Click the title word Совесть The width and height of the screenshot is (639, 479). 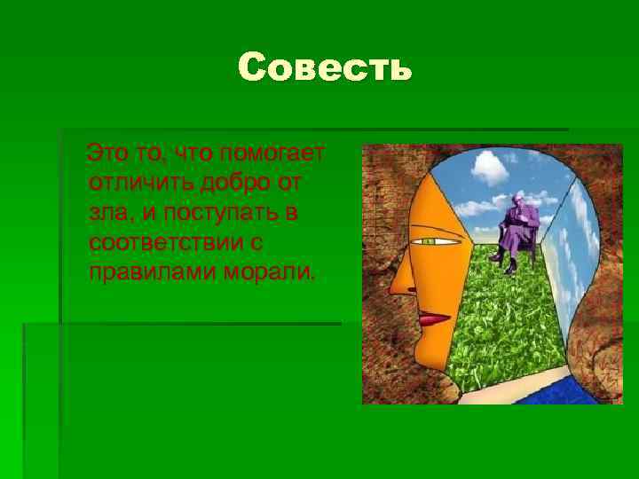[x=325, y=67]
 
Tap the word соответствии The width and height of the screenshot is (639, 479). [x=165, y=242]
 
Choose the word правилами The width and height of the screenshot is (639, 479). [x=144, y=271]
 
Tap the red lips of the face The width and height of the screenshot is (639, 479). [x=435, y=317]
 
